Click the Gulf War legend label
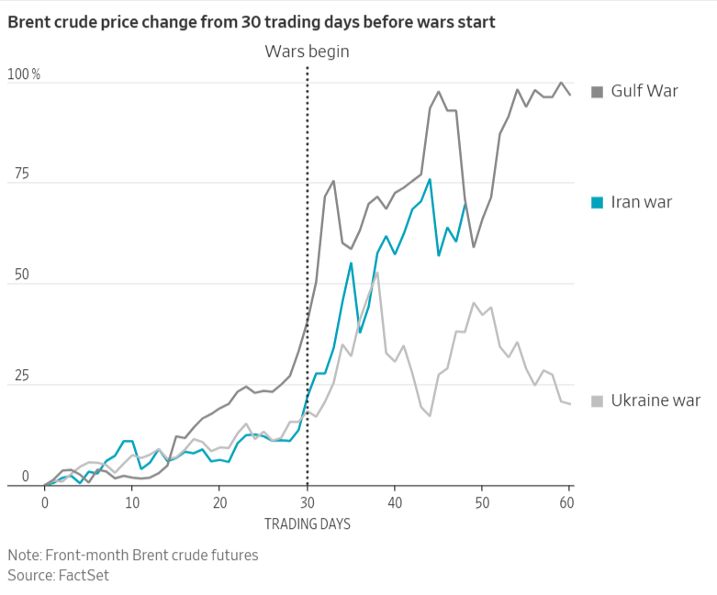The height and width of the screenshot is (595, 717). (x=644, y=91)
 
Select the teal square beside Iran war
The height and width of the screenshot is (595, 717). (x=597, y=202)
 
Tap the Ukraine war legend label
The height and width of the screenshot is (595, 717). (x=655, y=400)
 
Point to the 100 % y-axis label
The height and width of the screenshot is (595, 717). (x=23, y=74)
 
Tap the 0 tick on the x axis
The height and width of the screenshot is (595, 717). (x=45, y=503)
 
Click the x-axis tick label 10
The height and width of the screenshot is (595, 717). (x=132, y=503)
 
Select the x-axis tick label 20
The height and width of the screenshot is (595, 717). (x=220, y=503)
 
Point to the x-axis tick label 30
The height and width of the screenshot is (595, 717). (x=308, y=503)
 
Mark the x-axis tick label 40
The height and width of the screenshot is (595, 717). (x=395, y=503)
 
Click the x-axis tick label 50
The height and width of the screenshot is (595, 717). (x=483, y=503)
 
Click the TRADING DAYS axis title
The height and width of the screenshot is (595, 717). (x=308, y=524)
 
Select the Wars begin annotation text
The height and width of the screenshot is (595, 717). (x=307, y=51)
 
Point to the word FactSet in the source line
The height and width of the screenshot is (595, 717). (x=84, y=575)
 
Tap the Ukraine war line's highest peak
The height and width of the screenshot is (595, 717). (x=377, y=272)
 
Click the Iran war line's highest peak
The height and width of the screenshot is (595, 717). (x=430, y=179)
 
